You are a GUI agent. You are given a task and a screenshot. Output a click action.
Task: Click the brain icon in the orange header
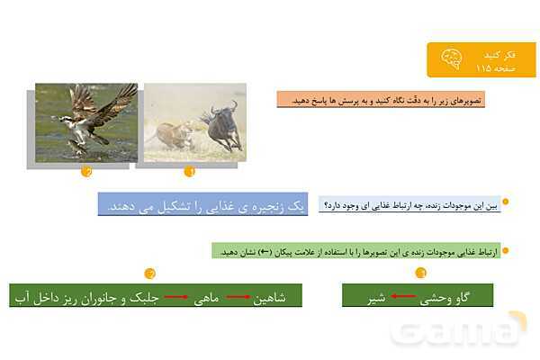click(x=451, y=59)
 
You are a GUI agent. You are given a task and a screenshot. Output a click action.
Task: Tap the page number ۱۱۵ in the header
click(x=483, y=68)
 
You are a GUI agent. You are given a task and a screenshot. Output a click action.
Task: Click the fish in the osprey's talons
click(x=77, y=147)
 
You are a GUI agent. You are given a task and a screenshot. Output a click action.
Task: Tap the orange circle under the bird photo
click(x=86, y=171)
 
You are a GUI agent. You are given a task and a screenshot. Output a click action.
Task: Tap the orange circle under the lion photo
click(x=189, y=171)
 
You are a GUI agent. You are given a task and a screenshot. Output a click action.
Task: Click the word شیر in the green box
click(x=376, y=298)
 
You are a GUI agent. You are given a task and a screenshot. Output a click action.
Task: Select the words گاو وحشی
click(x=445, y=298)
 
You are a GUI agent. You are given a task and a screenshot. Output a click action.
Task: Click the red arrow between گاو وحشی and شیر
click(x=402, y=296)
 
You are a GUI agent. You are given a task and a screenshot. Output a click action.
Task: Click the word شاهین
click(x=269, y=298)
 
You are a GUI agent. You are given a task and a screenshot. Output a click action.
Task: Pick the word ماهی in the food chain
click(x=206, y=298)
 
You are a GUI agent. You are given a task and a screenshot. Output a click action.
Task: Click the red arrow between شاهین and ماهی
click(x=238, y=297)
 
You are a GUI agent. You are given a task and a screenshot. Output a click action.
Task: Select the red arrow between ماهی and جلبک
click(x=175, y=297)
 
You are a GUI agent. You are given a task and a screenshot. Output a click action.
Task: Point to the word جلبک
click(x=144, y=298)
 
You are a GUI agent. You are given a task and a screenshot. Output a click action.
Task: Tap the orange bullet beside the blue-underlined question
click(x=506, y=202)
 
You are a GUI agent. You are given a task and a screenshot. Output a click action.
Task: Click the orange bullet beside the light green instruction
click(x=506, y=250)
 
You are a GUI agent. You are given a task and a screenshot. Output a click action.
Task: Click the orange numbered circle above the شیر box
click(x=420, y=273)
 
